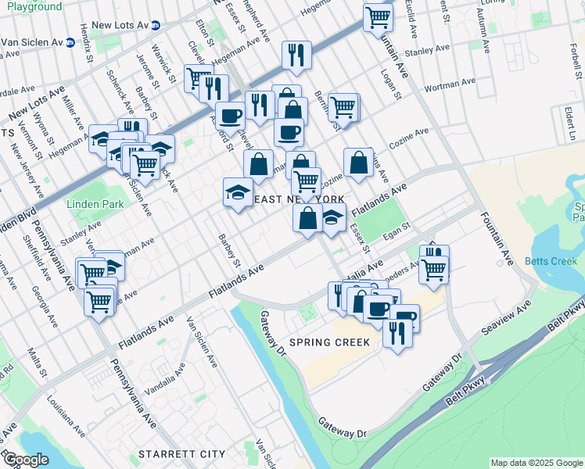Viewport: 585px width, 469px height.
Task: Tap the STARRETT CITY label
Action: point(181,454)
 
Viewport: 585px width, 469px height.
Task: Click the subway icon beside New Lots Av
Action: point(155,25)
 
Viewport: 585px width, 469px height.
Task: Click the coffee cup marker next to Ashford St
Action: point(230,116)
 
